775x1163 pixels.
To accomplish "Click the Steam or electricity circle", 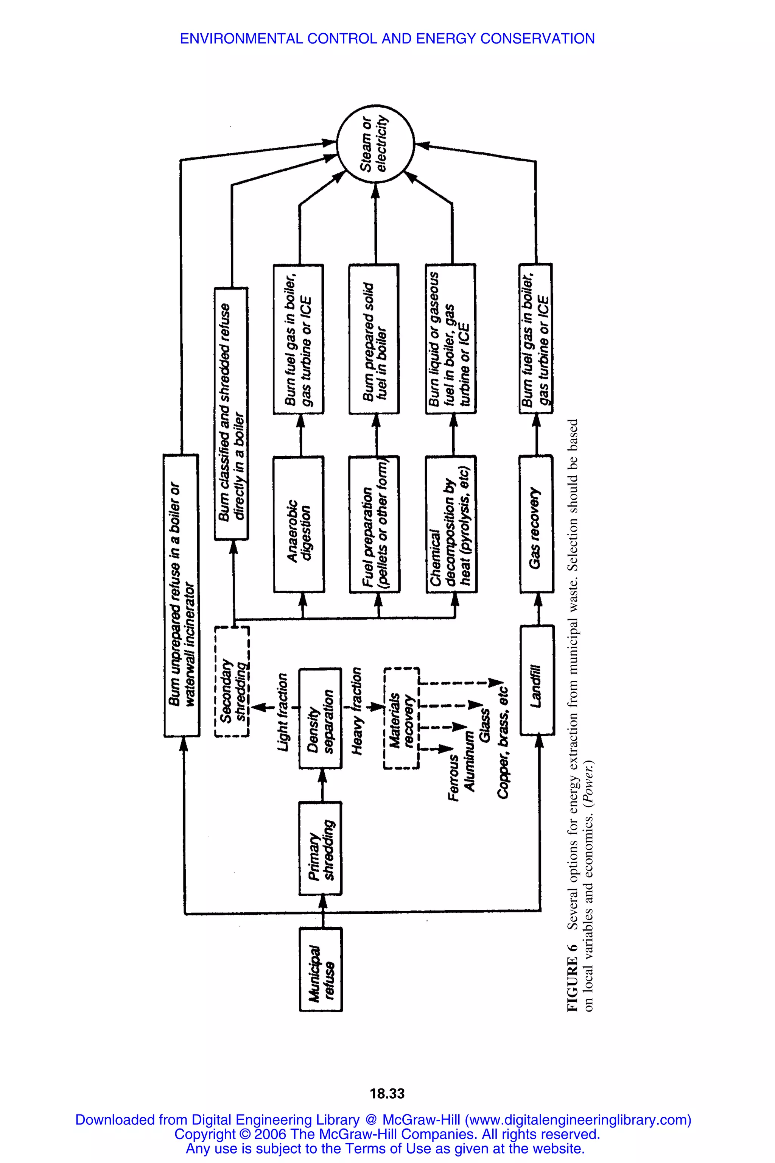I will (x=375, y=144).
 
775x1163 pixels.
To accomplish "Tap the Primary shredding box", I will (x=320, y=848).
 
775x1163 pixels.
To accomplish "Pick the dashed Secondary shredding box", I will (x=232, y=682).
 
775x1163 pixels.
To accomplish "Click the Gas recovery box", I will (x=536, y=524).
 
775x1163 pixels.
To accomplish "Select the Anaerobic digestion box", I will (x=299, y=524).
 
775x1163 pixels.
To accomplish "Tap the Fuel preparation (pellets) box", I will (x=374, y=524).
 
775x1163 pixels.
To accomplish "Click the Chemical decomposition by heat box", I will (x=451, y=524).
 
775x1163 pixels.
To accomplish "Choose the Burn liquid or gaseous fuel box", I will (x=451, y=339).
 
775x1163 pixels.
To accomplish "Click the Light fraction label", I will (x=282, y=712).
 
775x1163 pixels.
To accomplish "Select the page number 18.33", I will (x=387, y=1093).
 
